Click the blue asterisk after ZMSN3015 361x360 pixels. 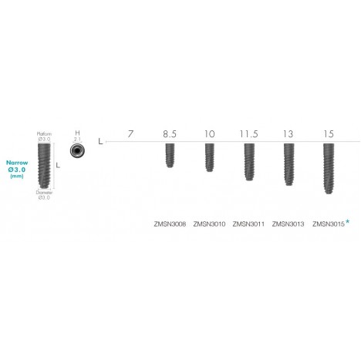point(348,222)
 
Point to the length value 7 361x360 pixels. point(130,134)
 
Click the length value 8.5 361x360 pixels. point(170,134)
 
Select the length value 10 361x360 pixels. point(209,134)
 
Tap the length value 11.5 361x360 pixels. point(249,134)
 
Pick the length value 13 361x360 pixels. point(288,134)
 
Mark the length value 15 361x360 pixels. point(329,134)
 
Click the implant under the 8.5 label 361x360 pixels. point(170,156)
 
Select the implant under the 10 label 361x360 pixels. point(209,159)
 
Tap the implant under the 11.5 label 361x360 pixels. point(249,162)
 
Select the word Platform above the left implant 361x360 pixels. point(44,133)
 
